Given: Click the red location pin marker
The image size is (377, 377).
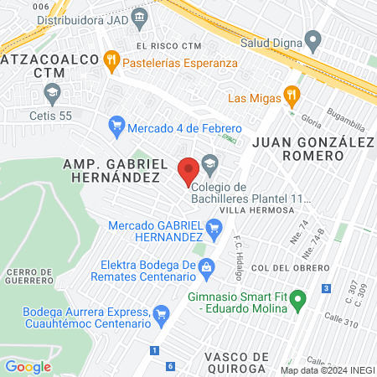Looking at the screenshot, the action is point(188,171).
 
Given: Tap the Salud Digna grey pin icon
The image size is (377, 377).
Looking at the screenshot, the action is point(313,39).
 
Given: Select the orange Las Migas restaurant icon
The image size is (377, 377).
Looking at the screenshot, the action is point(292,95).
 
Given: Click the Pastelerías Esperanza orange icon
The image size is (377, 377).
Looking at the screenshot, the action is point(111,60).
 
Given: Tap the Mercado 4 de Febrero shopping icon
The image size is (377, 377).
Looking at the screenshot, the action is point(116,127).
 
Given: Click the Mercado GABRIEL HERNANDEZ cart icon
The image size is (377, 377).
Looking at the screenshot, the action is point(214,227).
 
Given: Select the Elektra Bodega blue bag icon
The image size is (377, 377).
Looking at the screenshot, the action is point(209,268).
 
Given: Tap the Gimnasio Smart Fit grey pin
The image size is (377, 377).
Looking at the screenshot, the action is point(295,307).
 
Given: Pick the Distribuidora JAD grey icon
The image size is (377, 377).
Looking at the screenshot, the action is point(138,16).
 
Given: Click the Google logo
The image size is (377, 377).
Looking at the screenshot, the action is point(28,366).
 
